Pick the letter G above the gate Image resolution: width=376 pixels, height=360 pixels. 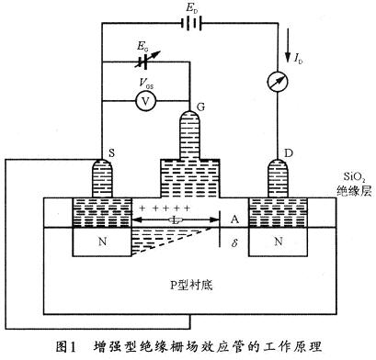pos(188,108)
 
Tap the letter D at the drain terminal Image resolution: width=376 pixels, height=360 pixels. pos(291,152)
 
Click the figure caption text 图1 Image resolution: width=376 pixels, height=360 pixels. pos(67,346)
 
